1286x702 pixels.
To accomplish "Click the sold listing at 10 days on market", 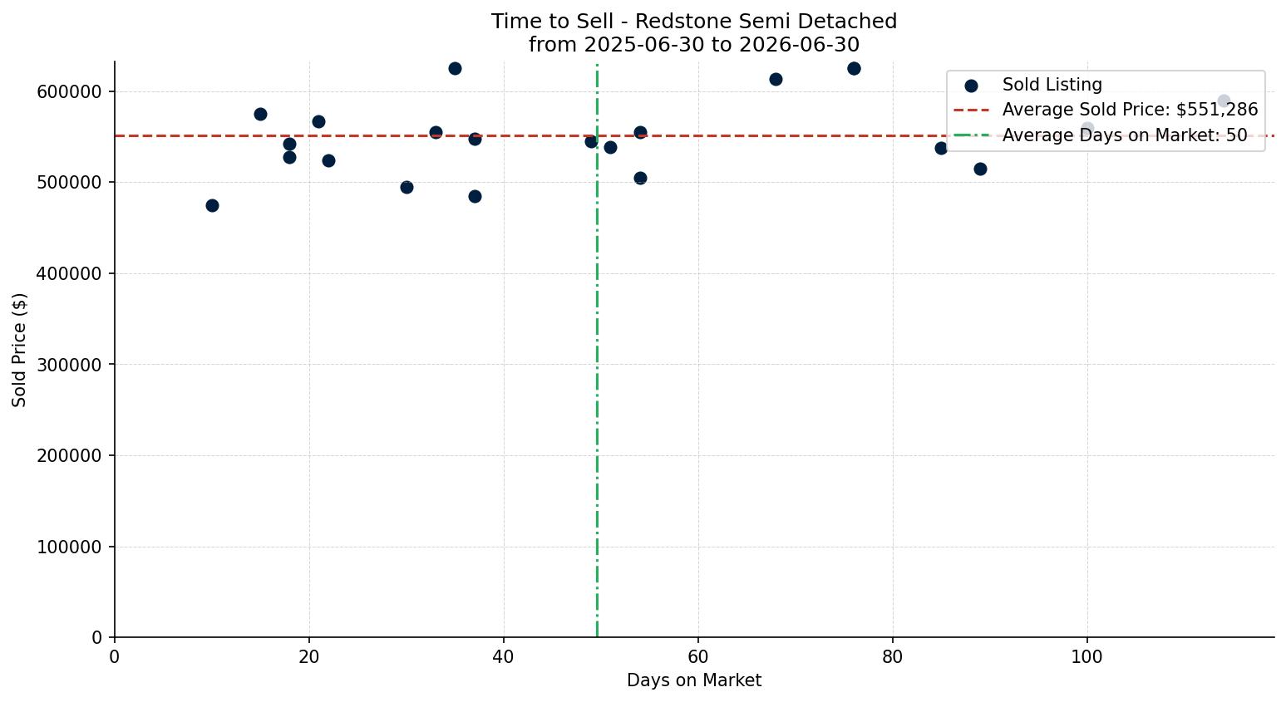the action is (212, 205).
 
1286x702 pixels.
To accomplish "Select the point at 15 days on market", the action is (260, 114).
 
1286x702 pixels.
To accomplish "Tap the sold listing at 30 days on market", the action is (406, 187).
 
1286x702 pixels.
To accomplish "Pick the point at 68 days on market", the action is (776, 79).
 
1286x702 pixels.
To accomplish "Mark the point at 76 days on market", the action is (854, 68).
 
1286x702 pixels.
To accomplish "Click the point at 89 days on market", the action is (980, 169).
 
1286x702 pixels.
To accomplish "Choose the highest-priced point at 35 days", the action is (455, 68).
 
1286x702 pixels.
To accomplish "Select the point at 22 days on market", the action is (328, 160).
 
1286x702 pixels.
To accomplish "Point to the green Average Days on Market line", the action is (597, 350).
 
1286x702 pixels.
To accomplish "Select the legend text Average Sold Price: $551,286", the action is (1130, 110).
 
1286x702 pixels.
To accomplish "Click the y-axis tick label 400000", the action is (69, 273).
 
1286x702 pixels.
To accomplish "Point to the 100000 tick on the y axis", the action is (69, 547).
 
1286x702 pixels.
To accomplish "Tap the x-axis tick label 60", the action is (698, 656).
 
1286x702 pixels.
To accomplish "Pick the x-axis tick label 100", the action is (1086, 656).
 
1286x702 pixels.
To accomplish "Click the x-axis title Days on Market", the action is (694, 680).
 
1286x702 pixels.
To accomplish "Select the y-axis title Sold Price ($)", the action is (19, 350).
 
